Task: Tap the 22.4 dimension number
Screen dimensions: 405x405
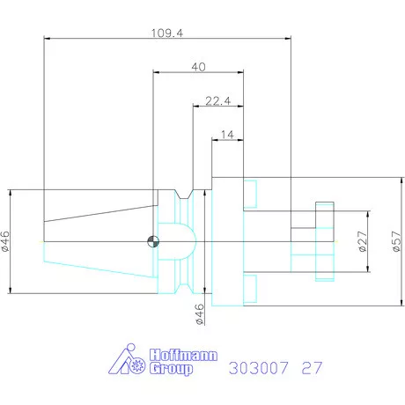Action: point(217,101)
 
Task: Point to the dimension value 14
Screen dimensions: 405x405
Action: point(227,135)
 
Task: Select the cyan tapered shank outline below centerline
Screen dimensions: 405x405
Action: point(97,261)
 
